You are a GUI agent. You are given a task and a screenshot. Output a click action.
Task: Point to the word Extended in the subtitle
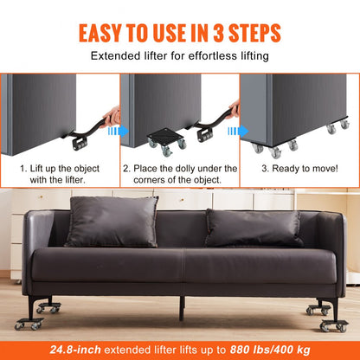(115, 57)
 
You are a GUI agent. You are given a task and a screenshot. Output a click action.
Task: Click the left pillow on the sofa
(112, 222)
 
